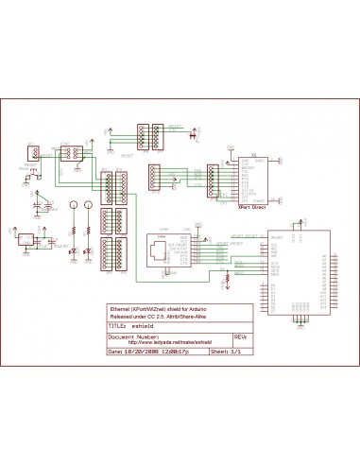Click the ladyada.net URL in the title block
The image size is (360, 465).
point(169,342)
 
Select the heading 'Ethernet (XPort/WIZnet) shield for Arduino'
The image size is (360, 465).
point(161,309)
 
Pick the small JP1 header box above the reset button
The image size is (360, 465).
point(30,151)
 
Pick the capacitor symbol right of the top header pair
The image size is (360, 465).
point(196,135)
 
